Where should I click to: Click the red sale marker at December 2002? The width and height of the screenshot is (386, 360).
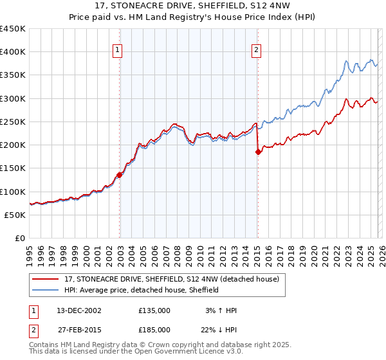tap(120, 175)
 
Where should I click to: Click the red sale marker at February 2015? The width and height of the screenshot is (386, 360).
tap(258, 152)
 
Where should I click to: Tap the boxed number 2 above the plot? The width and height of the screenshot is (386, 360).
tap(257, 51)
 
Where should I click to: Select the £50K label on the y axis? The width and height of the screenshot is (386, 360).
tap(15, 215)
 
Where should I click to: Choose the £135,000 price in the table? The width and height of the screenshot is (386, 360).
tap(154, 310)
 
